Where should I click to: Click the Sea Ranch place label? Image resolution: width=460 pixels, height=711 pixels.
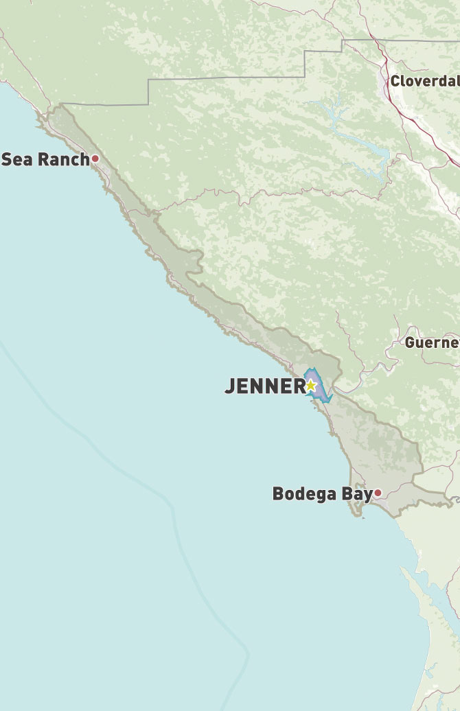[x=45, y=159]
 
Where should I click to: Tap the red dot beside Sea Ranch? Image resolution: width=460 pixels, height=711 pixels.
[x=95, y=159]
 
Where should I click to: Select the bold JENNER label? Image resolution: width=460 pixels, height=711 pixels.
[x=264, y=386]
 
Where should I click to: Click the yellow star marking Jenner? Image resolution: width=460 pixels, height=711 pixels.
[x=310, y=386]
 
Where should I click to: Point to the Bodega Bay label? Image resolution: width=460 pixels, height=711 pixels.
[x=322, y=493]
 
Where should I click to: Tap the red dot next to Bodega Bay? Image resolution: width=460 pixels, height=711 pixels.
[x=378, y=493]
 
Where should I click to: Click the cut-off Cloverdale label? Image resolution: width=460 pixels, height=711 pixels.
[x=424, y=82]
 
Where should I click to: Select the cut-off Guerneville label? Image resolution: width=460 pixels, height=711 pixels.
[x=432, y=342]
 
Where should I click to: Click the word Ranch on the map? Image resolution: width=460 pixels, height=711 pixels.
[x=63, y=159]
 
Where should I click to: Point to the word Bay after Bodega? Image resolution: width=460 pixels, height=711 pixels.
[x=358, y=493]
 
